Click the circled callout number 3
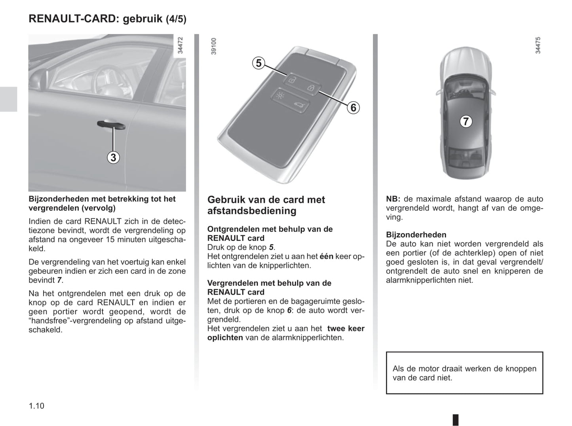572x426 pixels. (113, 157)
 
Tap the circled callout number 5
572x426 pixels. (258, 63)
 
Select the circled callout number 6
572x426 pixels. (353, 107)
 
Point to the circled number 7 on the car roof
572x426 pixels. (466, 121)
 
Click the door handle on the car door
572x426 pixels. (111, 125)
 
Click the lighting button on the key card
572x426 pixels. (280, 96)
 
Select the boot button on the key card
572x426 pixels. (298, 105)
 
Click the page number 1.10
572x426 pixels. (36, 405)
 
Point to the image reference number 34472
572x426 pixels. (181, 45)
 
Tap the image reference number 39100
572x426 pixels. (214, 46)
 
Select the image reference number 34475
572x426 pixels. (538, 45)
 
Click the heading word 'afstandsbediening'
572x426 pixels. (252, 211)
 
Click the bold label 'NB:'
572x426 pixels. (393, 199)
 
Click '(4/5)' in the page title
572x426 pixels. (176, 19)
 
